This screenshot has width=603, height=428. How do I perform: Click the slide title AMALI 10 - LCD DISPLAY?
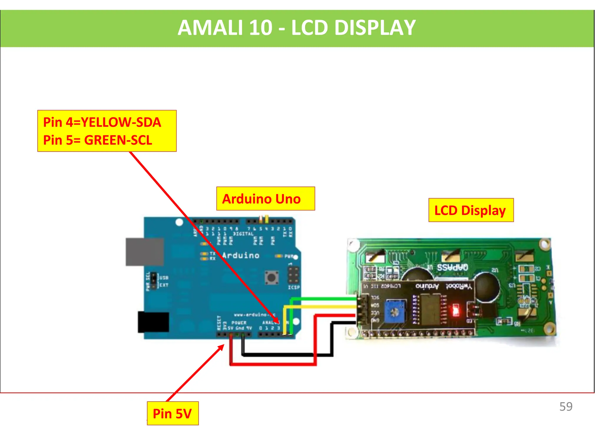[x=296, y=28]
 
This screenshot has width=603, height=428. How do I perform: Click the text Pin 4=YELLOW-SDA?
[x=102, y=122]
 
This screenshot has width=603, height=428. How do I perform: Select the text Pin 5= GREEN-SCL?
[x=97, y=140]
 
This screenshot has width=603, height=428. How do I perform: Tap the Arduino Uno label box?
[x=265, y=199]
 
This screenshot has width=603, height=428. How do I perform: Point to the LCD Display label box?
[x=471, y=210]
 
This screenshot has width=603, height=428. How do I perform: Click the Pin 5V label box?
[x=173, y=413]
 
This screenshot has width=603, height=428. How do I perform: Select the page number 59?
[x=566, y=407]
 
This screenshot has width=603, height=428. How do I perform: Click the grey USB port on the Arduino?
[x=144, y=252]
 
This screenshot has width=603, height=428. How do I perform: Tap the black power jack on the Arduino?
[x=153, y=322]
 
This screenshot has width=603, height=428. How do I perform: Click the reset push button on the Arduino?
[x=271, y=277]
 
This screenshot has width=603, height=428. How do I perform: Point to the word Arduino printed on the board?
[x=241, y=255]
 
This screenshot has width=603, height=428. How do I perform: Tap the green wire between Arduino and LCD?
[x=324, y=299]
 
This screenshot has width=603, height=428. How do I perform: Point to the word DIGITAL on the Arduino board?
[x=243, y=234]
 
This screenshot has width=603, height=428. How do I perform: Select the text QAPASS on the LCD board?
[x=452, y=267]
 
